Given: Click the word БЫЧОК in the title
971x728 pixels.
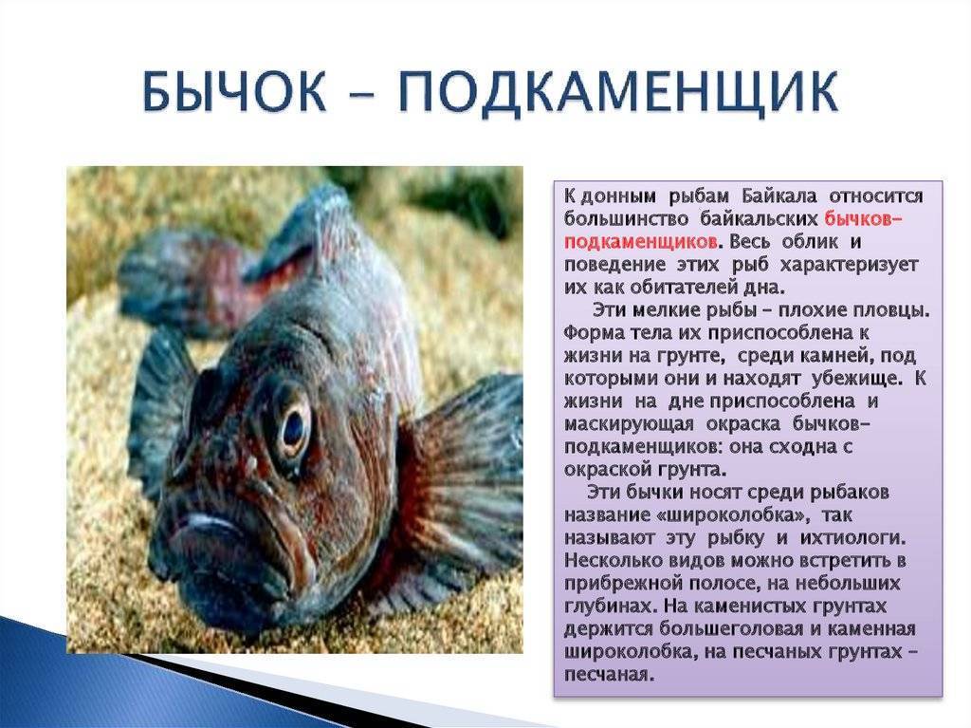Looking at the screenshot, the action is pyautogui.click(x=235, y=92).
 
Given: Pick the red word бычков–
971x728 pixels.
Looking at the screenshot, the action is pyautogui.click(x=863, y=219).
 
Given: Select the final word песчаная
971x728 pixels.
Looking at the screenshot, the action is pyautogui.click(x=609, y=675).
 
